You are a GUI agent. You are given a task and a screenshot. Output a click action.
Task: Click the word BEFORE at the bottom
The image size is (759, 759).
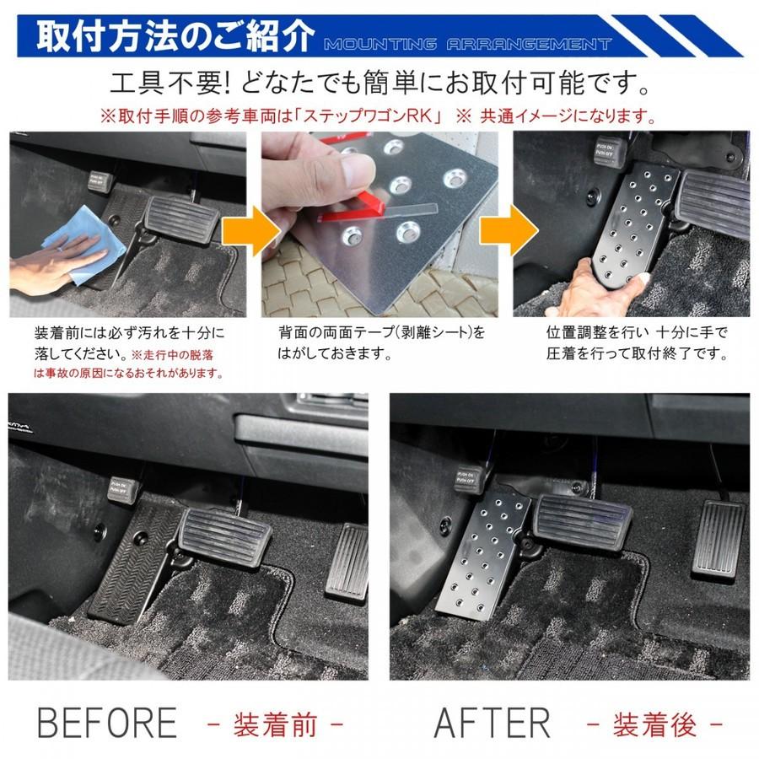(107, 723)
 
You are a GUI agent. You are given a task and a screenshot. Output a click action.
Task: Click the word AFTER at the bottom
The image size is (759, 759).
(492, 723)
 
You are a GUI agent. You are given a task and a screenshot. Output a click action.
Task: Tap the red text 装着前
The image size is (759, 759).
(275, 724)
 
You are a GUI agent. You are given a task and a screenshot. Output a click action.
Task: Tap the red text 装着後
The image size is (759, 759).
(654, 724)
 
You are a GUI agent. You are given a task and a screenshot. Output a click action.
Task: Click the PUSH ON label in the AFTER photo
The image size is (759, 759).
(469, 479)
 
